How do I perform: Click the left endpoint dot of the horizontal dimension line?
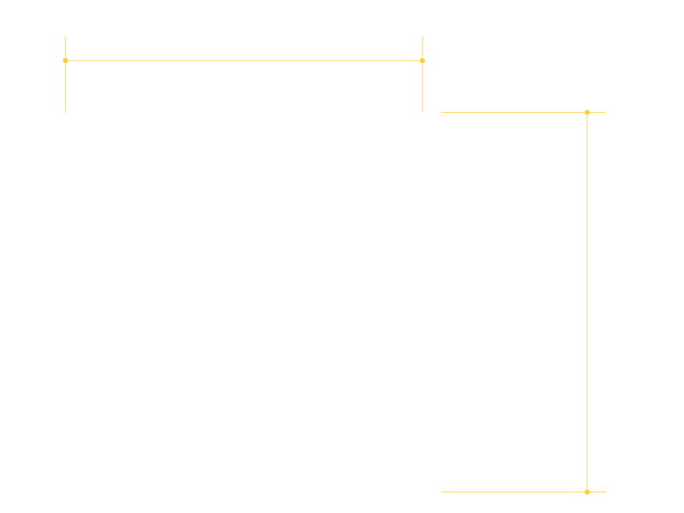65,61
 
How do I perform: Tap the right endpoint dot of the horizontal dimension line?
422,61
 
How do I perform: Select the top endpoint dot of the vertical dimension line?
587,112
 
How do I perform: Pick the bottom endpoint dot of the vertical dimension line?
587,492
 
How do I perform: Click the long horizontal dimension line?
244,61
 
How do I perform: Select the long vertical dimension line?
587,302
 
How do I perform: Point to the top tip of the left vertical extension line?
65,37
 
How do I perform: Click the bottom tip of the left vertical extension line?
65,112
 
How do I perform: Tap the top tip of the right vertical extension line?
422,37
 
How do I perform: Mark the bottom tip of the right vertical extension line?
422,112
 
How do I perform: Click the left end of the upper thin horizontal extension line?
441,112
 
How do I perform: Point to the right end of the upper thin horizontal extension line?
605,112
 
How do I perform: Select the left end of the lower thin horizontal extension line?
441,492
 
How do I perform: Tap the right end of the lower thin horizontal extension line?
605,492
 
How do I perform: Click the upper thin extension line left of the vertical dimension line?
513,112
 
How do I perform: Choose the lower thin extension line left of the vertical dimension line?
513,492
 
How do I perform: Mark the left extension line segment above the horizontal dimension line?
65,48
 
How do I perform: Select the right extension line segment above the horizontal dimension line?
422,48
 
